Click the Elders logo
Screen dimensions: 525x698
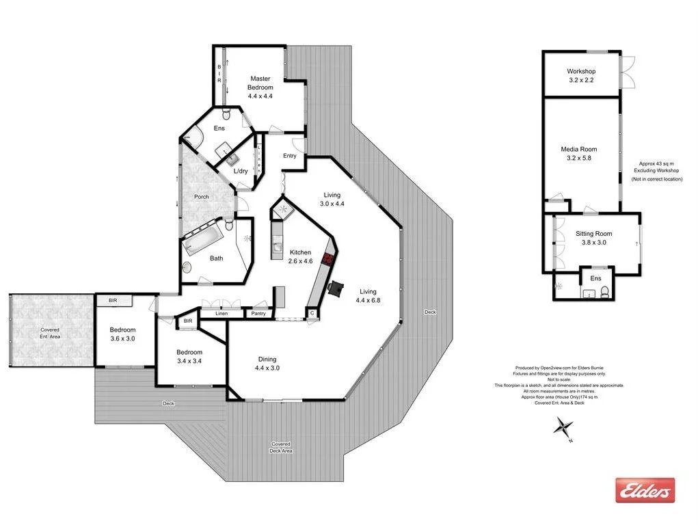coord(645,489)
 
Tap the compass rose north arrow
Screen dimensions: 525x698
coord(563,429)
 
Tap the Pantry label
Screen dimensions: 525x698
coord(258,313)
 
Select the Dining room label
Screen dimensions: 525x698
coord(267,359)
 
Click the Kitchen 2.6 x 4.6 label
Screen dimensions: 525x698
coord(300,256)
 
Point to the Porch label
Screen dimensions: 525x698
coord(201,197)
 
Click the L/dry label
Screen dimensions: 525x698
coord(241,171)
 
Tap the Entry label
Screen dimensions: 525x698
coord(290,156)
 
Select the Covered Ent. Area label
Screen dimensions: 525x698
coord(50,333)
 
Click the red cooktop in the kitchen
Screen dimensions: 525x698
coord(328,260)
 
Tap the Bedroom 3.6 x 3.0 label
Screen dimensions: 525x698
coord(123,334)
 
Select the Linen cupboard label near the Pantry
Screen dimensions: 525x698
coord(222,313)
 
